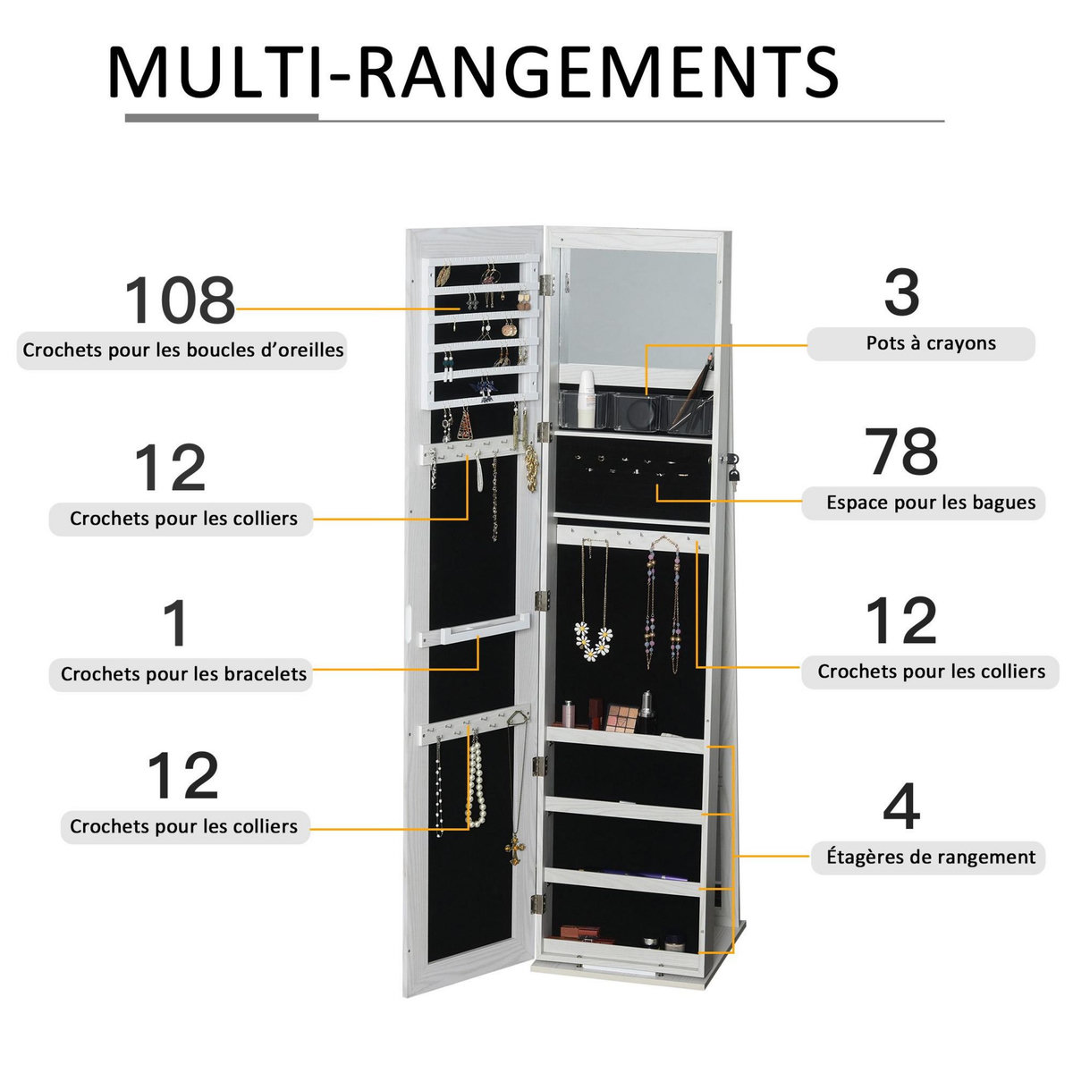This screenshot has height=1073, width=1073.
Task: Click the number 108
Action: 179,301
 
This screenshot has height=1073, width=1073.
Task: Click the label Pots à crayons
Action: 930,343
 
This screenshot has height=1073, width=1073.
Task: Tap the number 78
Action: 902,452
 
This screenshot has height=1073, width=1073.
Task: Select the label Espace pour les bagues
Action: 930,503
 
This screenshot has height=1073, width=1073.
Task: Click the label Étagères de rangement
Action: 930,857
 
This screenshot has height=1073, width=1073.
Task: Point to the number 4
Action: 900,807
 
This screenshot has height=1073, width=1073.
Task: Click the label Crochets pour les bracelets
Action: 183,673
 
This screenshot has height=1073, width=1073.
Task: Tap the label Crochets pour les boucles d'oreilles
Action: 182,350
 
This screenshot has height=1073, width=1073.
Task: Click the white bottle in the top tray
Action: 586,400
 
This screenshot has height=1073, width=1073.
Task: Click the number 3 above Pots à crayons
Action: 901,293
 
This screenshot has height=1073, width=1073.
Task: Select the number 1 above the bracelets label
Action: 176,625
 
